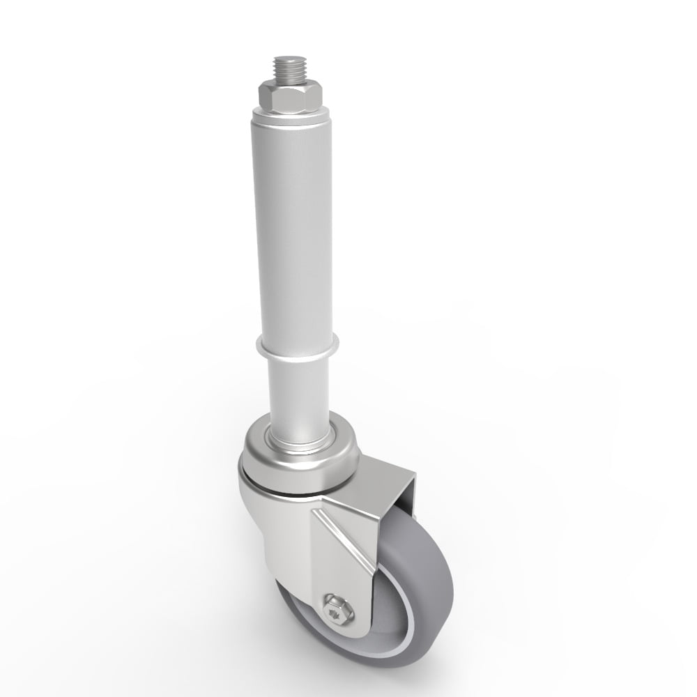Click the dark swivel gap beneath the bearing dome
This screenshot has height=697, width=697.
(x=279, y=492)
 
